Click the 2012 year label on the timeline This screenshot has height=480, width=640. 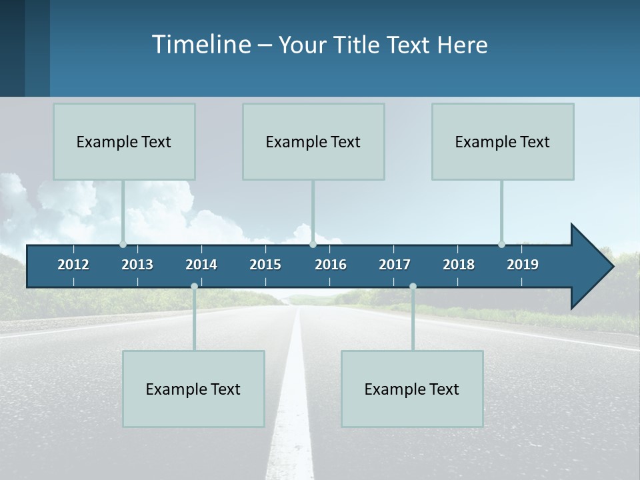click(73, 265)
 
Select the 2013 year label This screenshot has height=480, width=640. click(137, 265)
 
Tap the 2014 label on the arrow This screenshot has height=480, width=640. click(201, 265)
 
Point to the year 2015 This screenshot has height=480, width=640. click(265, 265)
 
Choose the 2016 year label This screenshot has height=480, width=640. click(331, 265)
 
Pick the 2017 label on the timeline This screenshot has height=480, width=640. click(395, 265)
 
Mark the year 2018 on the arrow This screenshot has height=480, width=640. click(459, 265)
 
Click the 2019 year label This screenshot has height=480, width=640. click(523, 265)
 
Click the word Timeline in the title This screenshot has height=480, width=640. click(201, 45)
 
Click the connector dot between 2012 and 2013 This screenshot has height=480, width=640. click(123, 245)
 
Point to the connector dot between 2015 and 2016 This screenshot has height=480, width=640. click(313, 245)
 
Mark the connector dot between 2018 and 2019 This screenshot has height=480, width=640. click(501, 245)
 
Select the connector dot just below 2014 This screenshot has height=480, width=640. click(194, 287)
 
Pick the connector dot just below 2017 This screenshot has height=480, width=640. click(413, 287)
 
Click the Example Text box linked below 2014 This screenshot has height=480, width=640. click(193, 389)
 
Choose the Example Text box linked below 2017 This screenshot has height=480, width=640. click(412, 389)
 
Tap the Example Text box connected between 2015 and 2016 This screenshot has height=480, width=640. click(313, 141)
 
